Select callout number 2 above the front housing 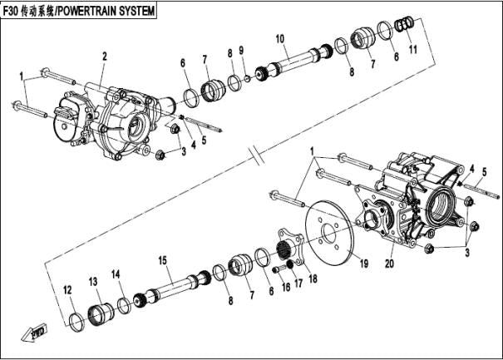(x=105, y=56)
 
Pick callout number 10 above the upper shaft (x=279, y=38)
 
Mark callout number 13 (x=93, y=280)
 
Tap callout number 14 (x=116, y=274)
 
